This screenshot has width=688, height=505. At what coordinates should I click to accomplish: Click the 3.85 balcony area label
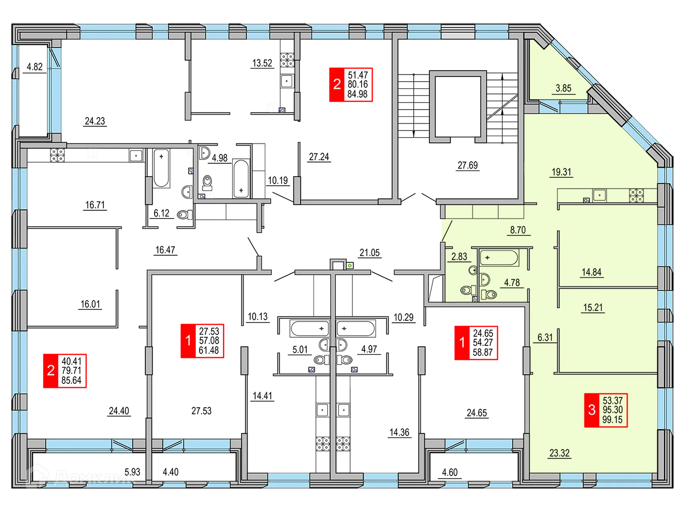pos(563,88)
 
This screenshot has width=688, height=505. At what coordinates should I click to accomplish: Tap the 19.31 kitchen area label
pos(561,172)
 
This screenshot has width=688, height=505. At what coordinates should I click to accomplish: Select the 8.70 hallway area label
pos(518,230)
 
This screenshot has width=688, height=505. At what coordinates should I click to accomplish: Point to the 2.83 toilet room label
pos(459,257)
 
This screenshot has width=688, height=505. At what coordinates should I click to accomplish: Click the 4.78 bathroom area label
pos(512,282)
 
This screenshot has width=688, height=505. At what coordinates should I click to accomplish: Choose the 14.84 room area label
pos(591,272)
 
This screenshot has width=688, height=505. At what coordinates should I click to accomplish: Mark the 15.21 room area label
pos(593,308)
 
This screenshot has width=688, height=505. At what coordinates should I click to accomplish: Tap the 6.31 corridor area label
pos(545,337)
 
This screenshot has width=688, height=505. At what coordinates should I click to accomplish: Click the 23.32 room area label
pos(559,453)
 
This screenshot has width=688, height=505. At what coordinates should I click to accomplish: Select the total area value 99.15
pos(612,420)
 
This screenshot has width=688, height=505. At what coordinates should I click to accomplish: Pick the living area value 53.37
pos(612,400)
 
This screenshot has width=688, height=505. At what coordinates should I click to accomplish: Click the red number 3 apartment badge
pos(592,410)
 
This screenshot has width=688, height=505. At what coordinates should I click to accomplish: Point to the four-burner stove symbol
pos(637,195)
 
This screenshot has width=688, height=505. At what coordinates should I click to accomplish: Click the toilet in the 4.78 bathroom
pos(489,294)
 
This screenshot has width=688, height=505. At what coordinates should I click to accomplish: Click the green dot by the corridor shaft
pos(349,265)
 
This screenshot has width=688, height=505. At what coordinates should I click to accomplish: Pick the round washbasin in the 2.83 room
pos(473,270)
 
